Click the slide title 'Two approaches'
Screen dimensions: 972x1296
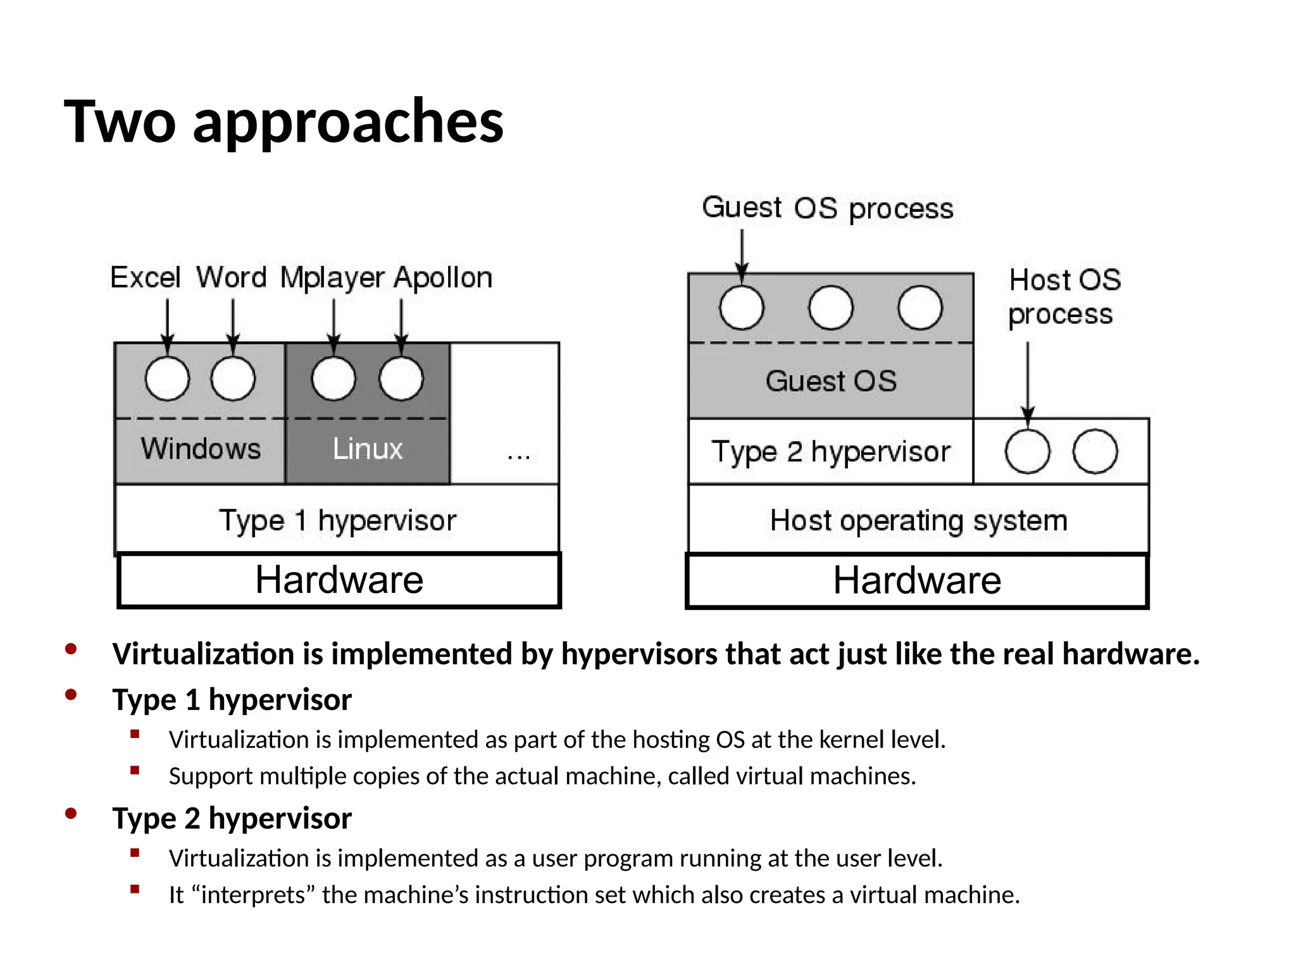coord(283,121)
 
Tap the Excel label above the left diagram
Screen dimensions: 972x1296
coord(145,277)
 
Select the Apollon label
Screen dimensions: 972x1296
coord(443,278)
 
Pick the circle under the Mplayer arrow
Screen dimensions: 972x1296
coord(333,378)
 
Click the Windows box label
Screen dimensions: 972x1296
coord(201,449)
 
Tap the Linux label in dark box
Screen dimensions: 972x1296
coord(368,449)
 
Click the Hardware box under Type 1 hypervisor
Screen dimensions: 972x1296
coord(339,580)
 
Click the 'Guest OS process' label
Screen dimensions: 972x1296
coord(827,208)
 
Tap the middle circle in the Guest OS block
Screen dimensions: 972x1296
coord(830,308)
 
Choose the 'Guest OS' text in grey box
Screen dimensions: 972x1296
coord(831,381)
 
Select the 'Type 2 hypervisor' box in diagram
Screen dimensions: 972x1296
coord(831,452)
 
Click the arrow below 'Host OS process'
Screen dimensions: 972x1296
coord(1028,380)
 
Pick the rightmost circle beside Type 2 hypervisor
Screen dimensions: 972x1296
coord(1095,452)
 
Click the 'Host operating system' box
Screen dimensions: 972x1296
coord(918,520)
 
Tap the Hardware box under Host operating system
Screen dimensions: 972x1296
coord(917,580)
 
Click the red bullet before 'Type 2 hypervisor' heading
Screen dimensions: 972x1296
coord(71,814)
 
